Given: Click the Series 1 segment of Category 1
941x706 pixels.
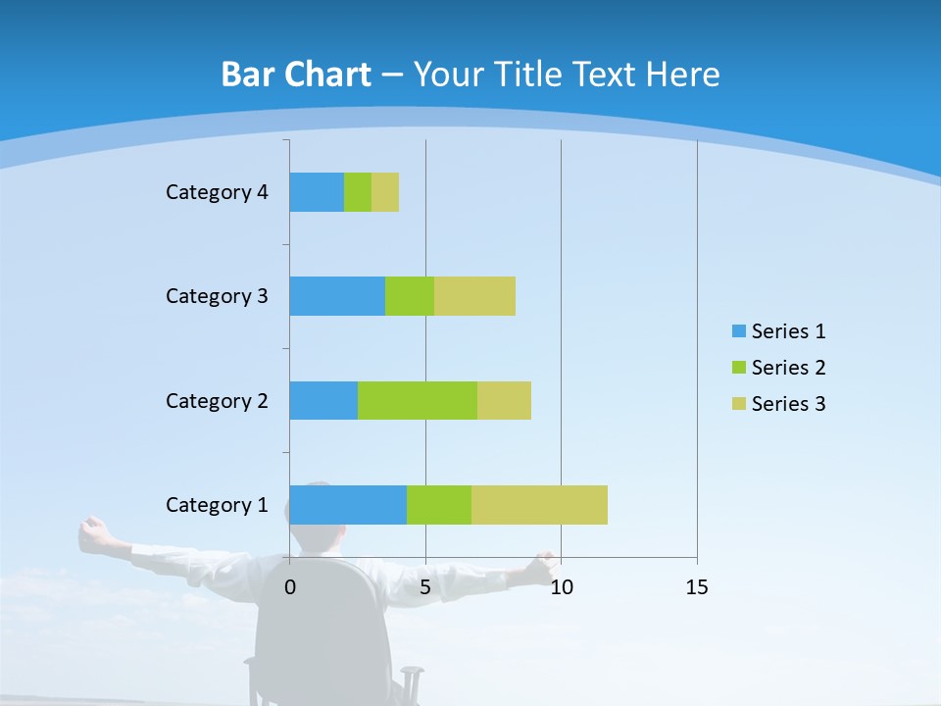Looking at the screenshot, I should tap(348, 505).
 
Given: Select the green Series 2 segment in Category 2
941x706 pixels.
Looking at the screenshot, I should tap(418, 400).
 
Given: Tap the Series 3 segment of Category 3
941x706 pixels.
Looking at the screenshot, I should tap(474, 296).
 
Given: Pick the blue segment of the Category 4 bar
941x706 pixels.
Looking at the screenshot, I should tap(317, 192).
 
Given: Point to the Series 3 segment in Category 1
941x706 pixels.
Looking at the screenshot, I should tap(539, 505).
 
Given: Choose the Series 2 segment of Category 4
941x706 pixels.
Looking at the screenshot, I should tap(358, 192).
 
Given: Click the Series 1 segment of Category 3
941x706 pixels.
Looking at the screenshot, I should tap(337, 296).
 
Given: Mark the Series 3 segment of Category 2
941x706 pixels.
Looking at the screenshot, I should tap(504, 400).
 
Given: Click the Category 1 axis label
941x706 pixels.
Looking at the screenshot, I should tap(217, 505).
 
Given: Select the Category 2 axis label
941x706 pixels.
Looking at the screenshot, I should tap(217, 400).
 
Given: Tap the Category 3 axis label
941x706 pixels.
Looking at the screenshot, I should tap(217, 296).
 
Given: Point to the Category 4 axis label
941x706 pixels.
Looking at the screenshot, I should tap(217, 192).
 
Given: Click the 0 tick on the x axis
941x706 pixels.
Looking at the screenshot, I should tap(290, 587).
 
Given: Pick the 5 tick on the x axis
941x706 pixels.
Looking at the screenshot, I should tap(425, 587).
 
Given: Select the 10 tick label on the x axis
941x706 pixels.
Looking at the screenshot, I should tap(561, 587).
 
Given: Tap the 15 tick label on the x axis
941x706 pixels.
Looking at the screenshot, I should tap(697, 587).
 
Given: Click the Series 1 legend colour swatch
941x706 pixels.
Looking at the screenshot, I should tap(738, 331).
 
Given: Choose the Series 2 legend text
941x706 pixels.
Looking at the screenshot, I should tap(789, 368).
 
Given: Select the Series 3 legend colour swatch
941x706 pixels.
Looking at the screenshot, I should tap(738, 404).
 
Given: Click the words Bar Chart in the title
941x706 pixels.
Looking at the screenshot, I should tap(296, 75).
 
